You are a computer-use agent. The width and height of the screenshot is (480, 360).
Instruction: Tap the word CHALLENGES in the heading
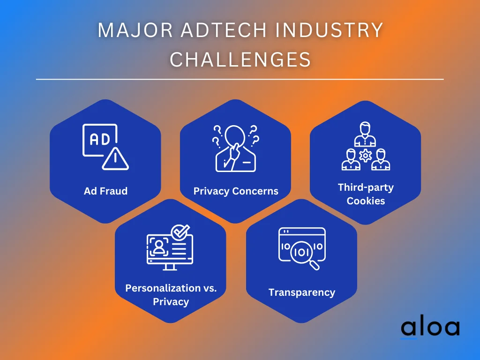tap(240, 59)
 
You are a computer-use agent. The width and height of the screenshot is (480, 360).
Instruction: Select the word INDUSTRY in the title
tap(329, 30)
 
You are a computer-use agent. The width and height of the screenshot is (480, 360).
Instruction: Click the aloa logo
tap(430, 329)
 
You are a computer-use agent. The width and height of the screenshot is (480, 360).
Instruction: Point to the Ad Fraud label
tap(105, 191)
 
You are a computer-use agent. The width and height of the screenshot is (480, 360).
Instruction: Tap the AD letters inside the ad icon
tap(100, 140)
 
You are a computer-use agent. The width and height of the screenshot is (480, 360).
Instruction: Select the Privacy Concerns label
tap(236, 191)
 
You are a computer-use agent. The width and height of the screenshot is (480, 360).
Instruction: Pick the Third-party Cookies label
tap(366, 194)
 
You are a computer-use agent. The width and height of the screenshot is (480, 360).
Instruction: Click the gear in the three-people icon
tap(366, 156)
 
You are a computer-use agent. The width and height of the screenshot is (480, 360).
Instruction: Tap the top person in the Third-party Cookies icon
tap(365, 134)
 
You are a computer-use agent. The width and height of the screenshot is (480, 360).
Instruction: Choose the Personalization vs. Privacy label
tap(171, 295)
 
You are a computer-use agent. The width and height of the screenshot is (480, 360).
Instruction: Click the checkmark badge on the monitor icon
tap(180, 232)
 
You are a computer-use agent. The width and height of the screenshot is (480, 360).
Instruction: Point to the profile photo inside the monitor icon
tap(158, 247)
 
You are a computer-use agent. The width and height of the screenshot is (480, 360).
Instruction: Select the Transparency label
tap(302, 292)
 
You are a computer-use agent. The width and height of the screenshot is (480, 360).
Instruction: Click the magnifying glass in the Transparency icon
tap(304, 255)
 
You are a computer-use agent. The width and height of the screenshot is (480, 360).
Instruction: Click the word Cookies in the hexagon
tap(366, 201)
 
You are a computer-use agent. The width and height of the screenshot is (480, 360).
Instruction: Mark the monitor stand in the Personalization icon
tap(170, 267)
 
